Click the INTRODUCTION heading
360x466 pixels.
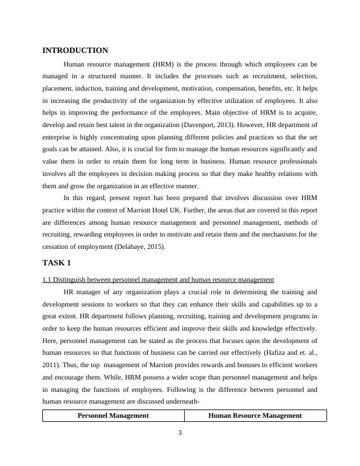click(75, 51)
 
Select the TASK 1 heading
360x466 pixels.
click(56, 262)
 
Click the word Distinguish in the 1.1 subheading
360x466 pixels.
click(72, 279)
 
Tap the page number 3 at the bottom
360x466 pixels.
click(181, 434)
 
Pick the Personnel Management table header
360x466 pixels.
click(113, 415)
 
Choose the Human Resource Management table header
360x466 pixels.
click(255, 415)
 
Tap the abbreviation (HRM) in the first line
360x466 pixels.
click(163, 64)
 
